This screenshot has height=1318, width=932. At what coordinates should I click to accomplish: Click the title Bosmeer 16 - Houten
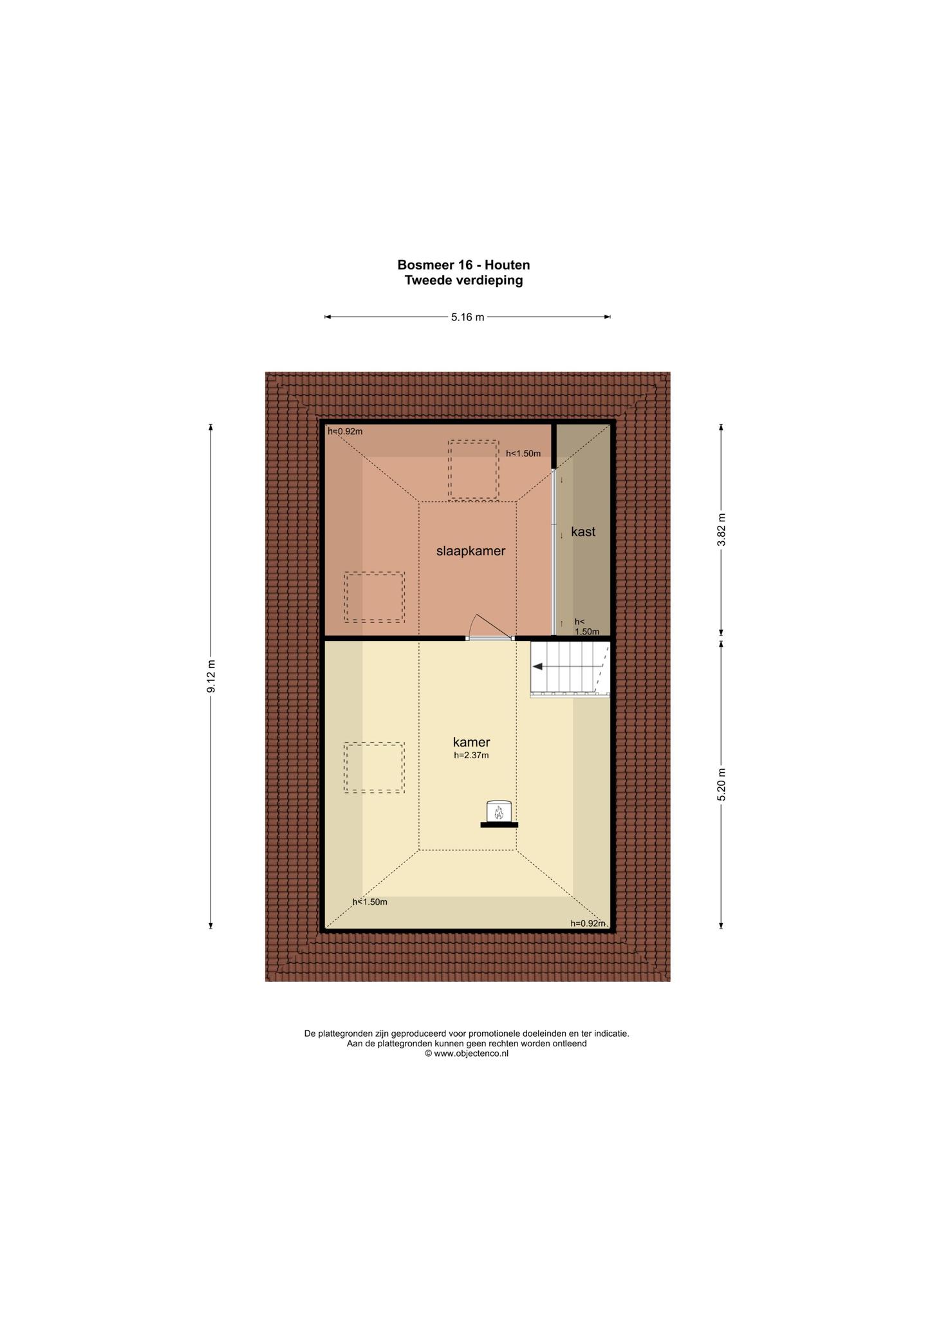click(x=463, y=265)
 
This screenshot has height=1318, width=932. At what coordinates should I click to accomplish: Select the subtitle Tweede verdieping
click(x=463, y=281)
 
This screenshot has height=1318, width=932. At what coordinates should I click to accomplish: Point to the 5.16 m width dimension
click(x=467, y=317)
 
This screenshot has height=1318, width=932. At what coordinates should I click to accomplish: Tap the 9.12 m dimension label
click(x=211, y=676)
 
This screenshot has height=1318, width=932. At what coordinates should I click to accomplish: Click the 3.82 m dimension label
click(x=721, y=530)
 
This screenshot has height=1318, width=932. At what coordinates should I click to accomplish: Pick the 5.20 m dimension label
click(x=721, y=784)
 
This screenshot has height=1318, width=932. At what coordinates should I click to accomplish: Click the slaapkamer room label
click(x=471, y=551)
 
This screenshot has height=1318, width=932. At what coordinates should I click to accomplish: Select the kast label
click(x=583, y=532)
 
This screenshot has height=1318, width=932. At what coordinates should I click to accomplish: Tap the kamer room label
click(x=471, y=742)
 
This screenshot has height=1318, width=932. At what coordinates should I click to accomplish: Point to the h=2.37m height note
click(x=471, y=756)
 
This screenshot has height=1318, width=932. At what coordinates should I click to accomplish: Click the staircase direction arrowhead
click(x=537, y=667)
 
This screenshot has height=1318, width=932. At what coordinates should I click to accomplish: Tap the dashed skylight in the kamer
click(x=374, y=768)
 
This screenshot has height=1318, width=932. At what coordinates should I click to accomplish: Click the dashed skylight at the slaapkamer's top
click(x=474, y=470)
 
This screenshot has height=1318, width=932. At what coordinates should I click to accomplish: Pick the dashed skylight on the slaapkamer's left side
click(x=374, y=597)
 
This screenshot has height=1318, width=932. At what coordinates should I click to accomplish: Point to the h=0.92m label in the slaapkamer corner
click(x=345, y=431)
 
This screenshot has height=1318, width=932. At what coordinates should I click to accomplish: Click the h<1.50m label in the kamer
click(x=370, y=902)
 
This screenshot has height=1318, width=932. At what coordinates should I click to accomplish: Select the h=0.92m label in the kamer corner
click(x=588, y=924)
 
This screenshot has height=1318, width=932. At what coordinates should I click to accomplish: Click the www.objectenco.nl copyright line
click(x=467, y=1054)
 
